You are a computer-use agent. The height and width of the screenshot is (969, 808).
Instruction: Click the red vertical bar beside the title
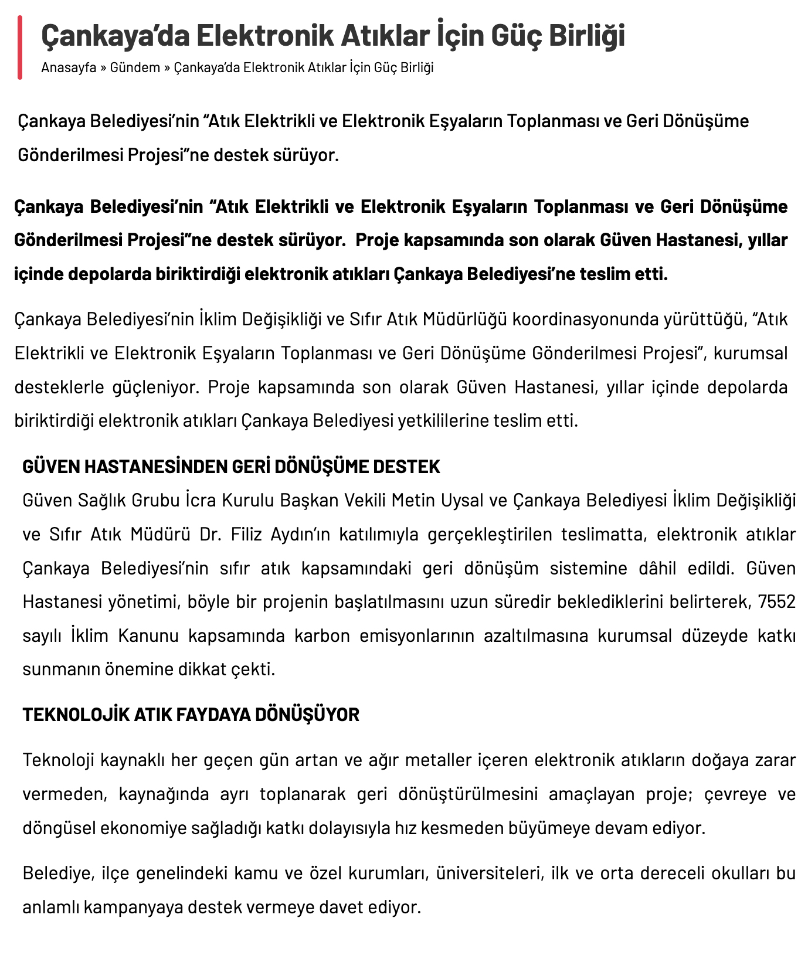[20, 47]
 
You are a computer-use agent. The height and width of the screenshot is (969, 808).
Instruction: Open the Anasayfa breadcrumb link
[69, 67]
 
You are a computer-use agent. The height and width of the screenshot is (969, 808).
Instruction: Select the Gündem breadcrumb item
[135, 67]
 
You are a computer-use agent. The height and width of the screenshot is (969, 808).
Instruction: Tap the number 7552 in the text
[776, 602]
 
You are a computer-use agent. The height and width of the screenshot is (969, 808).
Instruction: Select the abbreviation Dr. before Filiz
[209, 534]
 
